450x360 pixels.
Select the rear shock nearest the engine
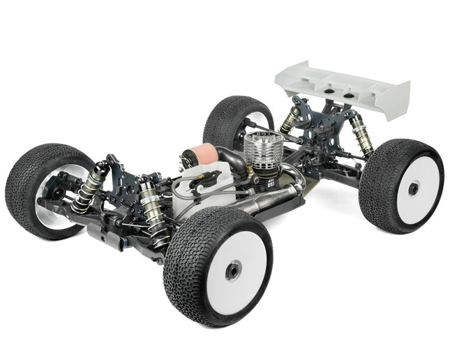(x=290, y=119)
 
